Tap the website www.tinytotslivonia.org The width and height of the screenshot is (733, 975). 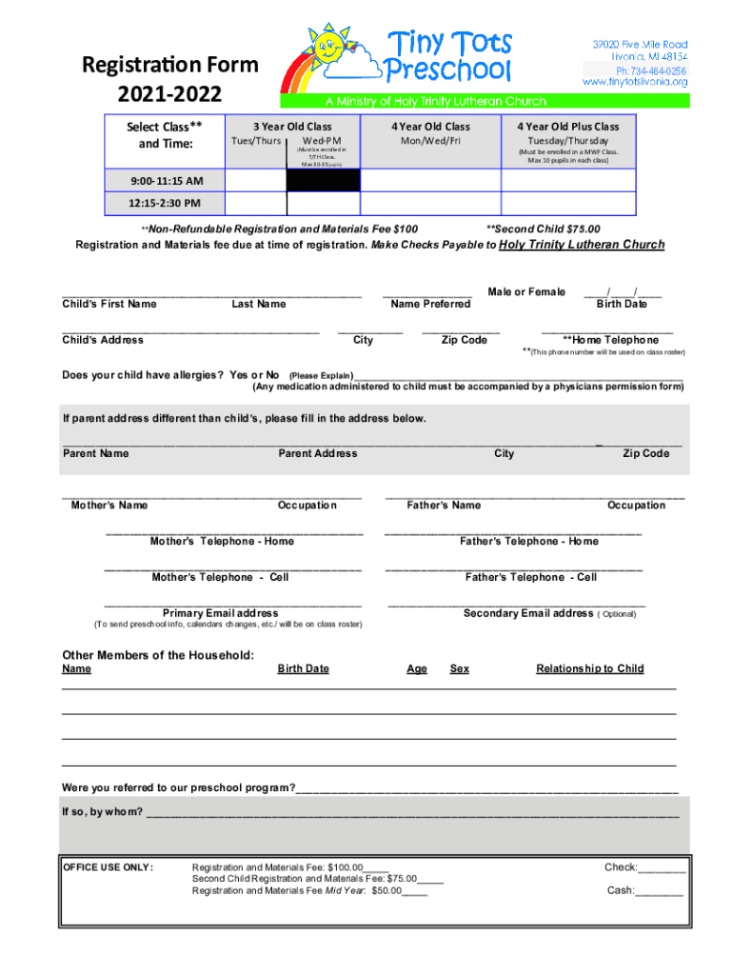635,84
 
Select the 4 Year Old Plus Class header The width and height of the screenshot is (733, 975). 567,127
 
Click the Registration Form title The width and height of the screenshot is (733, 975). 170,66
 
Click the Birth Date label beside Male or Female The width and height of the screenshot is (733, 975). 622,304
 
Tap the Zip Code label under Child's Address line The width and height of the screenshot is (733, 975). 465,340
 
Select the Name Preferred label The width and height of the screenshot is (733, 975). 430,304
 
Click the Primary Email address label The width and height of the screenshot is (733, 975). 221,613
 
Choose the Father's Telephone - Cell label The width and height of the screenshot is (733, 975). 531,577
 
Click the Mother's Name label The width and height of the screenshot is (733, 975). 109,506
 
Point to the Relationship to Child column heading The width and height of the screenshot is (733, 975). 590,668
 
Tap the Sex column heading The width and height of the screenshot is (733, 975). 459,668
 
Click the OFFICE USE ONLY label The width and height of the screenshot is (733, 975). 108,867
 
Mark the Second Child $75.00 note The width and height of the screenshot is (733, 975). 543,229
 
